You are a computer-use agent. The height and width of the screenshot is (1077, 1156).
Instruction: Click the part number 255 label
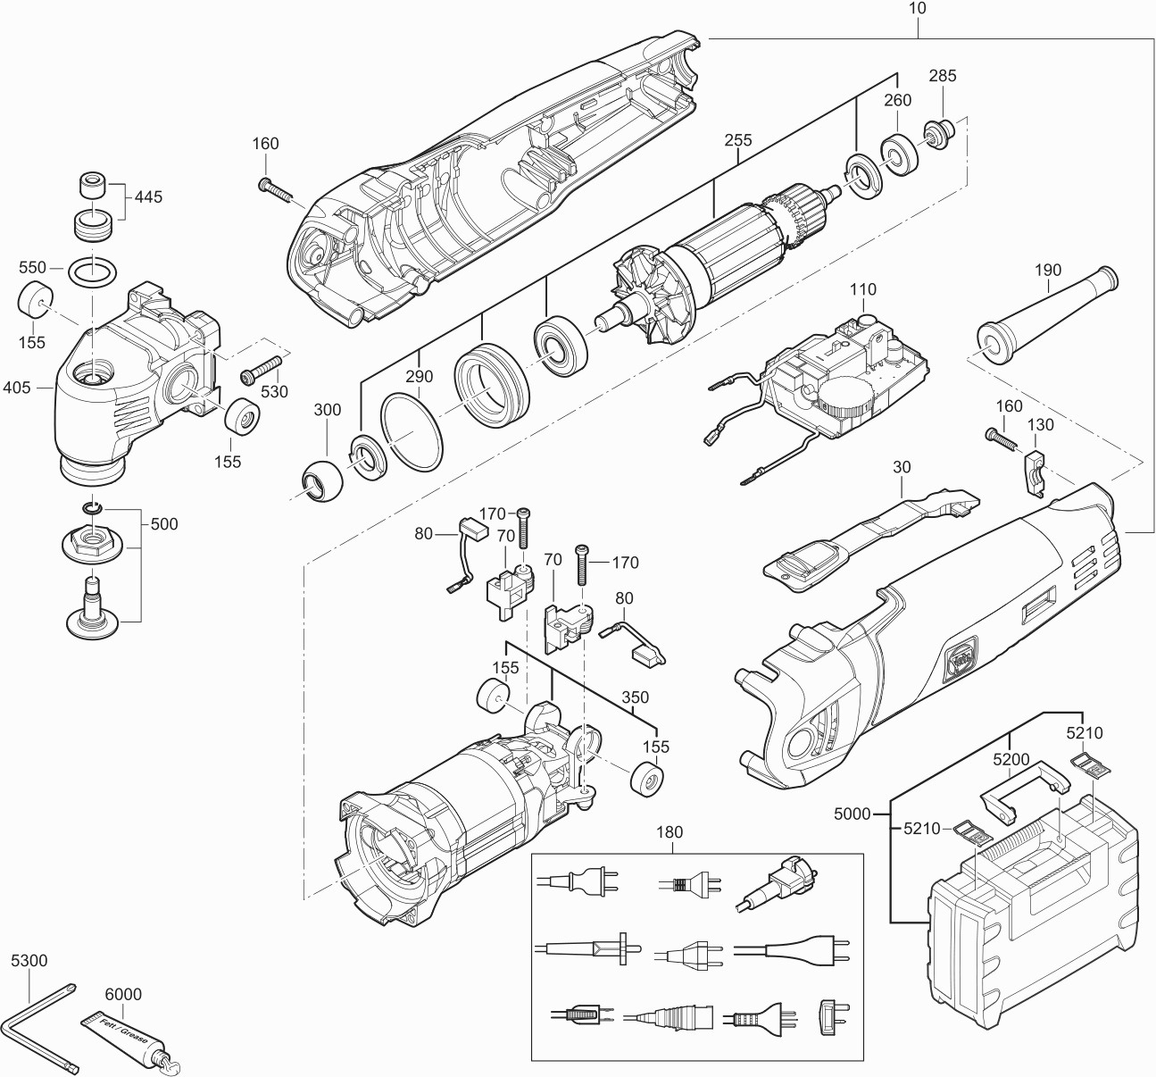(x=738, y=140)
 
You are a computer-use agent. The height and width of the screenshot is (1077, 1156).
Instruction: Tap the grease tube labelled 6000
(x=132, y=1039)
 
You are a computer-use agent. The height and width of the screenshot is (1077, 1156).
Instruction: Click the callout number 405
(x=16, y=388)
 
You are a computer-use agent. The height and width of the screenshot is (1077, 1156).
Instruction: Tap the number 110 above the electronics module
(x=862, y=289)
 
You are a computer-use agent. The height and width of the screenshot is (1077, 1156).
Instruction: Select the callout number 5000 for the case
(x=852, y=814)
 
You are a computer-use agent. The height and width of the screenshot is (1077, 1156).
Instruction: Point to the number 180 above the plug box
(x=669, y=832)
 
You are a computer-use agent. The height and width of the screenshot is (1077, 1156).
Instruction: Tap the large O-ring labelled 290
(x=412, y=431)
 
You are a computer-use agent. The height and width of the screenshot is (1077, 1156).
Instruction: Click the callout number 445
(x=148, y=197)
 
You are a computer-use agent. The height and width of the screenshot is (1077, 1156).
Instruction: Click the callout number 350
(x=635, y=697)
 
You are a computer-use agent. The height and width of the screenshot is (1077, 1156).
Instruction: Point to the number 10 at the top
(x=917, y=8)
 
